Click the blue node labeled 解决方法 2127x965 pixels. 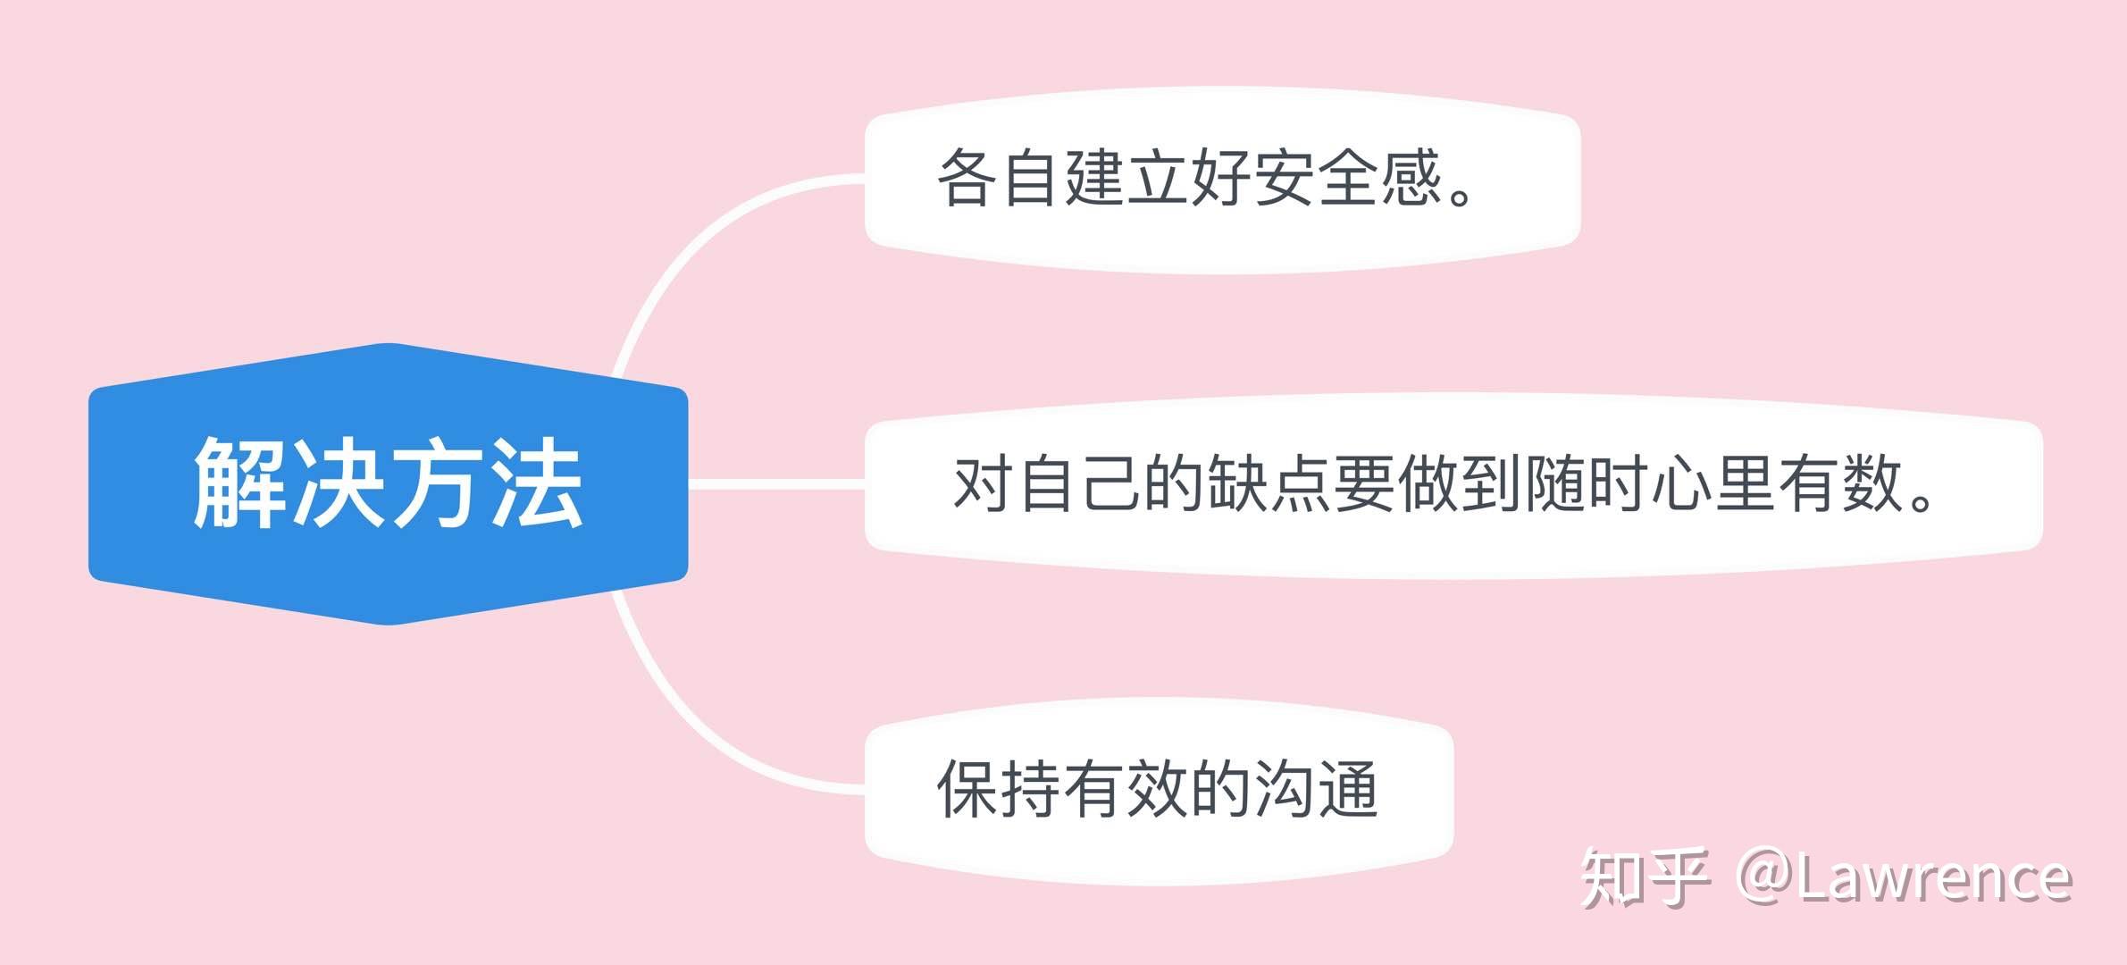tap(389, 483)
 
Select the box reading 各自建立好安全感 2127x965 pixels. tap(1222, 180)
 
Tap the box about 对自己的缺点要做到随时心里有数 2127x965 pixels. tap(1453, 485)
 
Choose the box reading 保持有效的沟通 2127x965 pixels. tap(1159, 791)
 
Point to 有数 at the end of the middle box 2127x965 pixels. tap(1839, 484)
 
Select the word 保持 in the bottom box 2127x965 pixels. tap(1000, 789)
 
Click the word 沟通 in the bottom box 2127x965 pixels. tap(1317, 789)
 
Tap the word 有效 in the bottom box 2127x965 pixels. tap(1126, 789)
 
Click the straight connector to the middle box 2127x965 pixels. tap(776, 484)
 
